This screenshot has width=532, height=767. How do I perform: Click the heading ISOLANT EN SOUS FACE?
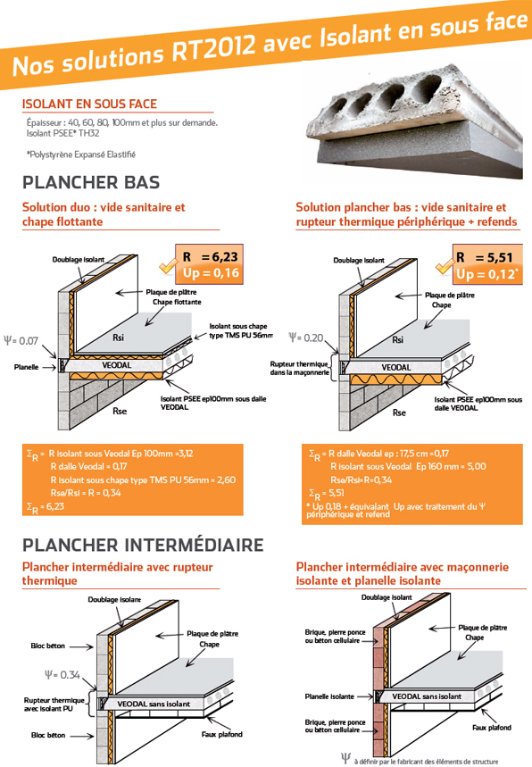[89, 104]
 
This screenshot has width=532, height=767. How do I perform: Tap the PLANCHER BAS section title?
[91, 182]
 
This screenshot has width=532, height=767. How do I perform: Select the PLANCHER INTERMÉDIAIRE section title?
[143, 545]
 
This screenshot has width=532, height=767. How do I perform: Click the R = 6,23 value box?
[209, 264]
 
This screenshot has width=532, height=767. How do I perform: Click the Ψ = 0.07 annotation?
[21, 340]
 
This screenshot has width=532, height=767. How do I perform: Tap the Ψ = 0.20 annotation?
[306, 338]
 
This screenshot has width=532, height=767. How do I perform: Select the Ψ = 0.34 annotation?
[62, 675]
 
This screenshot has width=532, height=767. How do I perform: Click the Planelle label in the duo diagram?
[27, 367]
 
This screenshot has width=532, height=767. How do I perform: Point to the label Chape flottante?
[177, 302]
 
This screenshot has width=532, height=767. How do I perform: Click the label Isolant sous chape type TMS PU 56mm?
[241, 330]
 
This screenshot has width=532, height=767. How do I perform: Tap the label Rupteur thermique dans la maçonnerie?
[299, 368]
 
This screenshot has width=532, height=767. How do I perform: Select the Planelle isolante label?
[329, 696]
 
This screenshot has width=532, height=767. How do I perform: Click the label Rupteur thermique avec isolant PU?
[54, 704]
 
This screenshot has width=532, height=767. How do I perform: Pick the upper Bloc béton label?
[48, 646]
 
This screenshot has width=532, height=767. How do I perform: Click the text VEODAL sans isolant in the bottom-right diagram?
[427, 696]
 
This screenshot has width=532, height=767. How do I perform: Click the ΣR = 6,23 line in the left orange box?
[46, 507]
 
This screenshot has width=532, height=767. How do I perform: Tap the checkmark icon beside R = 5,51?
[444, 267]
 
